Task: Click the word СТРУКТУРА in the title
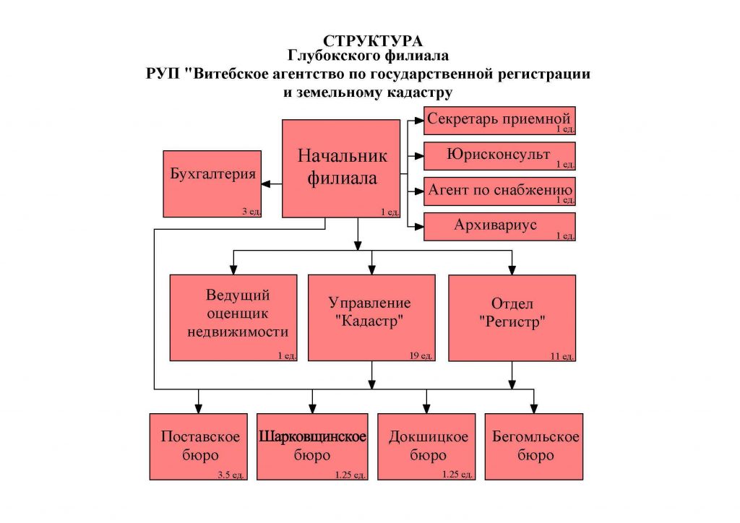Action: pyautogui.click(x=372, y=41)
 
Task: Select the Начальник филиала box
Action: pyautogui.click(x=341, y=168)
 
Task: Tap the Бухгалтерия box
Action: pyautogui.click(x=212, y=184)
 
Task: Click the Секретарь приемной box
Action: pyautogui.click(x=499, y=121)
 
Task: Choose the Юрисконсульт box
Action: pyautogui.click(x=499, y=156)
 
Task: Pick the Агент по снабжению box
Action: pyautogui.click(x=499, y=191)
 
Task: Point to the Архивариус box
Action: pyautogui.click(x=499, y=227)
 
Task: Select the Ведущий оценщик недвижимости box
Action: pyautogui.click(x=233, y=318)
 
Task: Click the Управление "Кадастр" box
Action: pyautogui.click(x=372, y=318)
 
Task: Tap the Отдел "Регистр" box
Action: pyautogui.click(x=512, y=318)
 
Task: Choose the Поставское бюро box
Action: pyautogui.click(x=199, y=446)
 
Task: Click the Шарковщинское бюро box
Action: pyautogui.click(x=312, y=446)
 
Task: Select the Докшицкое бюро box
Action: pyautogui.click(x=426, y=446)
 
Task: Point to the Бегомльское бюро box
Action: pyautogui.click(x=534, y=446)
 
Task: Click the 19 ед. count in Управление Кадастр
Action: pyautogui.click(x=421, y=355)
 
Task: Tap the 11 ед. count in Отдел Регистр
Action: pyautogui.click(x=562, y=356)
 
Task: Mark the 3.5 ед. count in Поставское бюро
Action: pyautogui.click(x=231, y=475)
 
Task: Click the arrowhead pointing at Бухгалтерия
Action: pyautogui.click(x=266, y=184)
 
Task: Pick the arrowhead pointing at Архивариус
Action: pyautogui.click(x=419, y=227)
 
